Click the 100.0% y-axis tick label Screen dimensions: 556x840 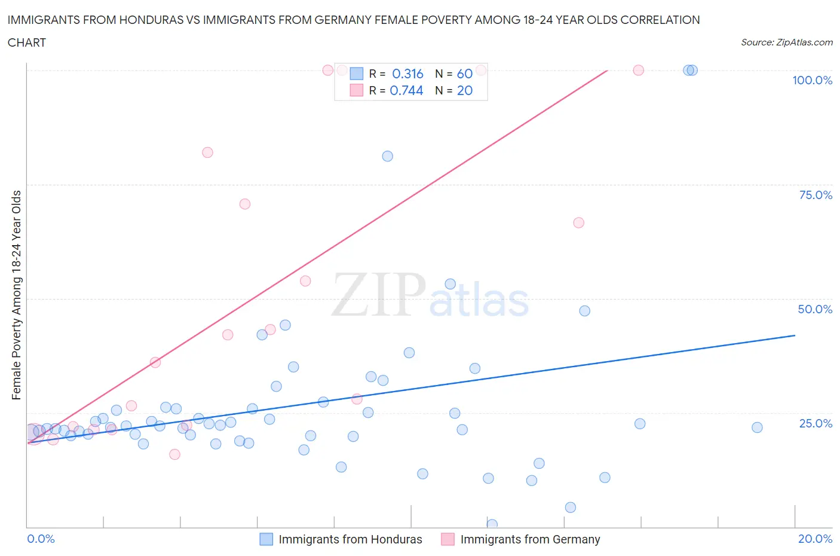pyautogui.click(x=812, y=80)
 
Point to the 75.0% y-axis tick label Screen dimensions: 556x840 pyautogui.click(x=816, y=195)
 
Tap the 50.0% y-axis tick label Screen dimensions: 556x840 pyautogui.click(x=815, y=309)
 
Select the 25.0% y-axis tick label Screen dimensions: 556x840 pyautogui.click(x=816, y=423)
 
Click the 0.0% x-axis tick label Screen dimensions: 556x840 pyautogui.click(x=41, y=539)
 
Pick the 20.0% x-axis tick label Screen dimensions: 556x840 pyautogui.click(x=815, y=539)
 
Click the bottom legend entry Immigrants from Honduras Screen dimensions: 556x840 pyautogui.click(x=350, y=539)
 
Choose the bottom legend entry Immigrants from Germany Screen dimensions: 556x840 pyautogui.click(x=530, y=539)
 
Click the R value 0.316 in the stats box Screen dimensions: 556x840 pyautogui.click(x=407, y=74)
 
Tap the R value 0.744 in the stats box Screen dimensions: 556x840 pyautogui.click(x=406, y=90)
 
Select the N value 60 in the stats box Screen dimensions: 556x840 pyautogui.click(x=464, y=74)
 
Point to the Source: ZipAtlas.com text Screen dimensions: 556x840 pyautogui.click(x=786, y=42)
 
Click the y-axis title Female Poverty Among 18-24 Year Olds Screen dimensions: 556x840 pyautogui.click(x=16, y=295)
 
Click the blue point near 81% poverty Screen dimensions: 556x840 pyautogui.click(x=387, y=156)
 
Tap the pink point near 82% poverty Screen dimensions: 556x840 pyautogui.click(x=207, y=152)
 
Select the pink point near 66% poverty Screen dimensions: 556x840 pyautogui.click(x=578, y=222)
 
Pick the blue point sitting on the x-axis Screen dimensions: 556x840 pyautogui.click(x=492, y=524)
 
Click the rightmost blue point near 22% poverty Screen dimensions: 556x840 pyautogui.click(x=757, y=427)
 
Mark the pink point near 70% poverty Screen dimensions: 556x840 pyautogui.click(x=244, y=204)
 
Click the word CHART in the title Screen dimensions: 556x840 pyautogui.click(x=26, y=42)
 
